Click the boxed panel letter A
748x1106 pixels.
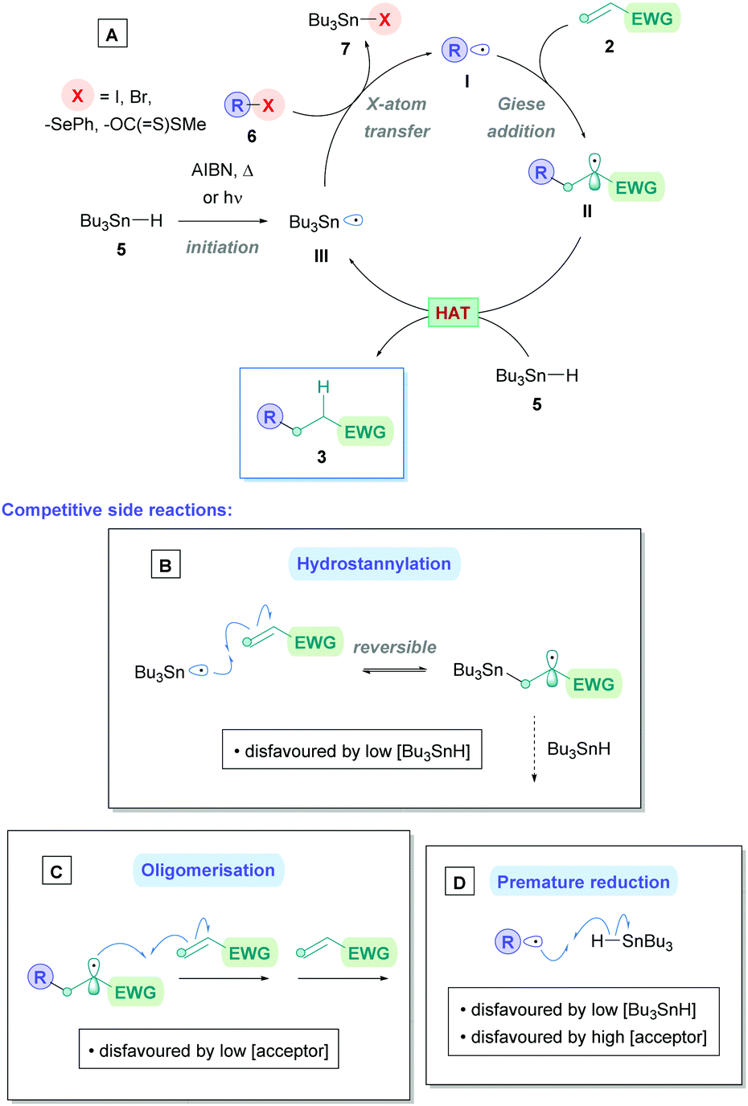(112, 35)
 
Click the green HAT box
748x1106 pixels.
(453, 313)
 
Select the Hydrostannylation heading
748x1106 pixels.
(374, 564)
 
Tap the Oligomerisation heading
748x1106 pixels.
(208, 870)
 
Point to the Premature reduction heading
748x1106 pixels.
(583, 883)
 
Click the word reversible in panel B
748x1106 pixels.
(394, 647)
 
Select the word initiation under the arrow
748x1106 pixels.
(222, 248)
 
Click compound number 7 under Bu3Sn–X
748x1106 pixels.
(345, 50)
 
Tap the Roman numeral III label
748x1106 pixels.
(321, 256)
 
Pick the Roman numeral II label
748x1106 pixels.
(587, 211)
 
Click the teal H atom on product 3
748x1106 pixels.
(323, 387)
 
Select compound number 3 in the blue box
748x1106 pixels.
(321, 457)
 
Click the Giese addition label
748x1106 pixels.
(521, 117)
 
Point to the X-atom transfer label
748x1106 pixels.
(397, 117)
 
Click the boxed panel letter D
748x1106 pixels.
(459, 883)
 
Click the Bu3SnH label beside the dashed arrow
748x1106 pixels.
(578, 749)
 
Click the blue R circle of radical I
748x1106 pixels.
(454, 51)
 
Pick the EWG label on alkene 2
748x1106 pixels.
(651, 18)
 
